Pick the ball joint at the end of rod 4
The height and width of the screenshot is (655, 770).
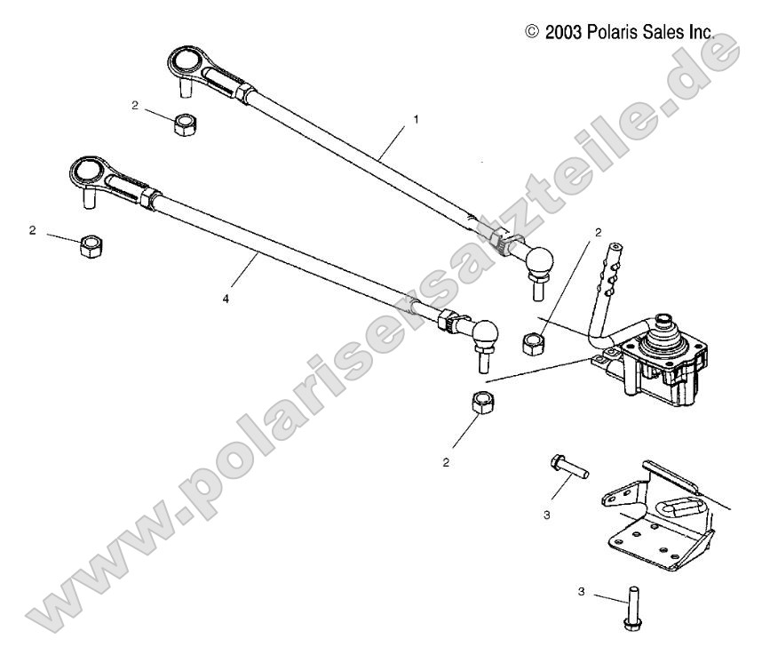[x=485, y=333]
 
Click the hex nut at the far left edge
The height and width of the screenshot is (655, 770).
[x=89, y=246]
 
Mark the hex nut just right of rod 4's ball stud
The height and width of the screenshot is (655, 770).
[x=533, y=341]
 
